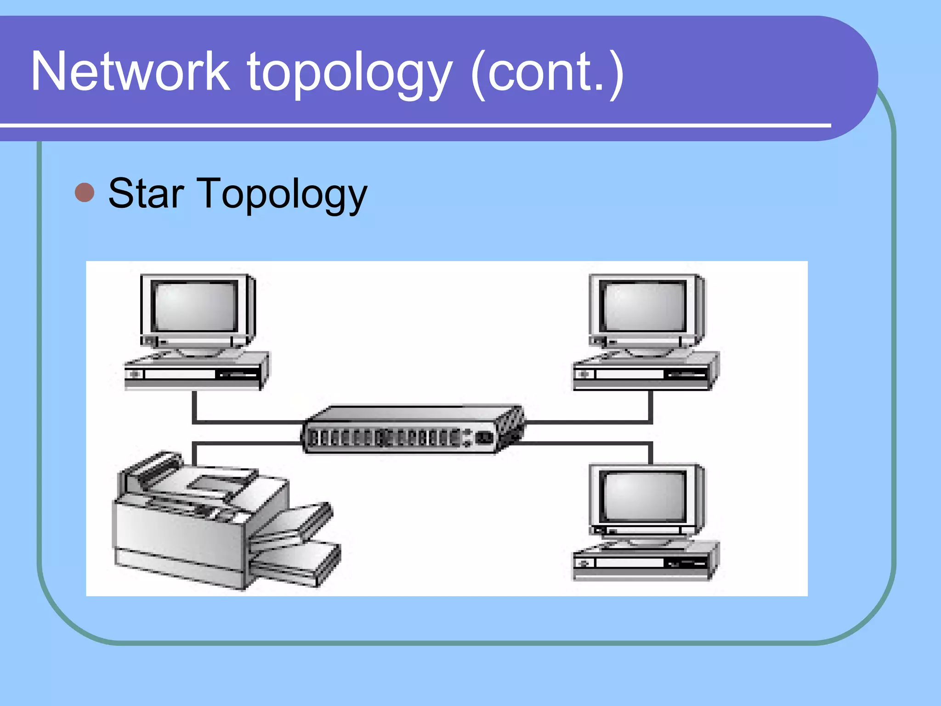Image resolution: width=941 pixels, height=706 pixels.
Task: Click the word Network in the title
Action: [x=130, y=72]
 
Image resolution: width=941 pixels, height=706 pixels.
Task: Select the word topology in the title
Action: [x=350, y=74]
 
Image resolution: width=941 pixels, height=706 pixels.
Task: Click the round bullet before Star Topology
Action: [x=85, y=193]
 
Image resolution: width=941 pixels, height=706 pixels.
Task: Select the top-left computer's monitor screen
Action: [x=195, y=305]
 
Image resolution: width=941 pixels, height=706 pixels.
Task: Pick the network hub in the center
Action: [x=411, y=429]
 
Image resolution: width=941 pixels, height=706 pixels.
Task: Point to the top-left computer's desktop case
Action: [x=195, y=373]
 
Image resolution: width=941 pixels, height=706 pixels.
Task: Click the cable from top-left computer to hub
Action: [x=244, y=421]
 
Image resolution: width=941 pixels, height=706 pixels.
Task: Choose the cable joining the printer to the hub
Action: [x=244, y=443]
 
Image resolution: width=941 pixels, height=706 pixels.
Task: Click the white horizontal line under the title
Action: [x=414, y=125]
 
